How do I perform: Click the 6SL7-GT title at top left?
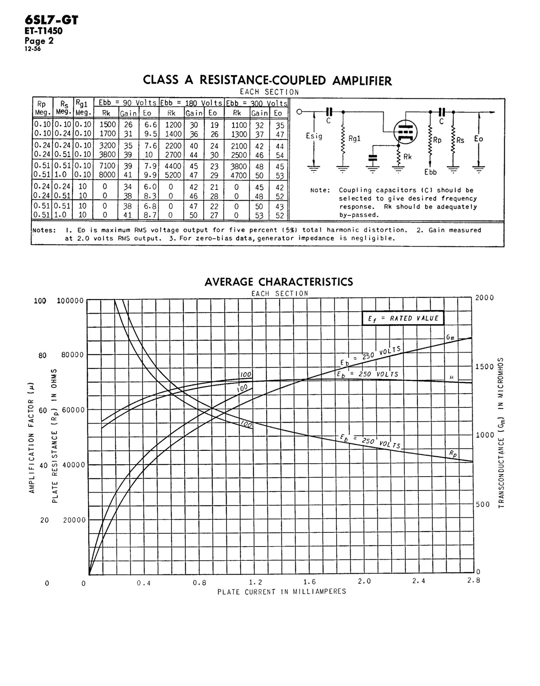tap(51, 20)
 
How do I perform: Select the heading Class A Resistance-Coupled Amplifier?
tap(267, 80)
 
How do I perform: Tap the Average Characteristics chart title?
tap(278, 282)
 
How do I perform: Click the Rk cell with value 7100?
tap(107, 166)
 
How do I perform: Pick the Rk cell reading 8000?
tap(107, 175)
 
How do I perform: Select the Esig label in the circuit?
tap(314, 136)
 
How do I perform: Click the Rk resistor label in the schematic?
tap(407, 157)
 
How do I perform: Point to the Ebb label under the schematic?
tap(431, 172)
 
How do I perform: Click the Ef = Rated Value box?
tap(403, 319)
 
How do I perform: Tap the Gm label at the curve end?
tap(450, 338)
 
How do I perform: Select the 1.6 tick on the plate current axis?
tap(309, 582)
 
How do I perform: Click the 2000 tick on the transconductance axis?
tap(484, 298)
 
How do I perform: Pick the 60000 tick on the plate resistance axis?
tap(73, 410)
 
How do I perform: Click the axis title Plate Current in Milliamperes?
tap(282, 592)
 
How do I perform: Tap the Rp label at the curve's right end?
tap(453, 454)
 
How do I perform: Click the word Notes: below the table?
tap(44, 230)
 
